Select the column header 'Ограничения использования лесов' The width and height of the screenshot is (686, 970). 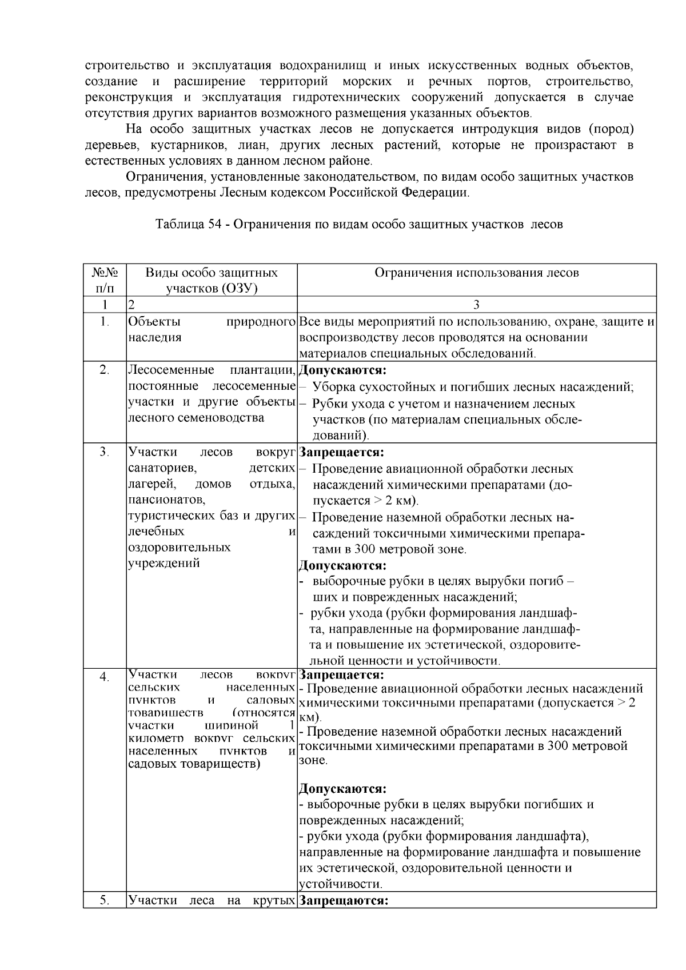tap(476, 273)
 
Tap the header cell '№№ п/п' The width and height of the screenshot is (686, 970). tap(105, 280)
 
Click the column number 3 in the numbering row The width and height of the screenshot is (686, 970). tap(476, 305)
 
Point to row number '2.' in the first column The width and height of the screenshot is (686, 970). tap(105, 370)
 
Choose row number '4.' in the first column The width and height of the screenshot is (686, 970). tap(105, 677)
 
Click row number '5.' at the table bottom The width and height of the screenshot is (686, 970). tap(105, 901)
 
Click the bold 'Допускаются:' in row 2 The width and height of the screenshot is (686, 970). tap(342, 370)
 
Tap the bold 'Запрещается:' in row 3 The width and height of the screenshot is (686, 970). tap(341, 452)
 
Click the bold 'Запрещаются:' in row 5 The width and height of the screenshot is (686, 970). tap(344, 901)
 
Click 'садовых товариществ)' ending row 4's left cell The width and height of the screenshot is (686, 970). tap(194, 764)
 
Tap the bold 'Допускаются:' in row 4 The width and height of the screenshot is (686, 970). tap(342, 789)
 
